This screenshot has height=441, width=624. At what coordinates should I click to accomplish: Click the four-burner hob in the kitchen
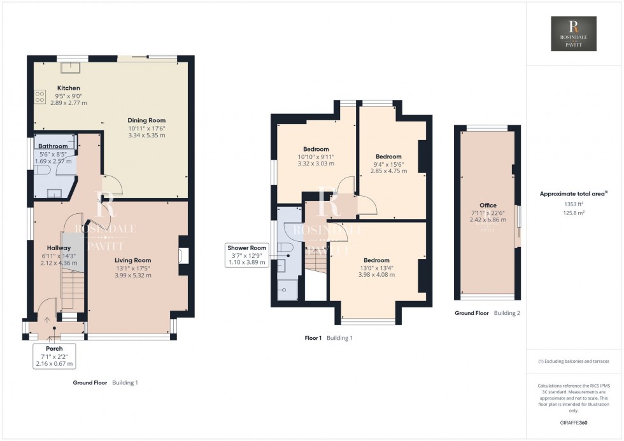[39, 97]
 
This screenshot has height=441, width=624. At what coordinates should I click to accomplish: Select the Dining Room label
[146, 127]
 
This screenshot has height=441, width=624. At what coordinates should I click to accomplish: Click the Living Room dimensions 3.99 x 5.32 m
[132, 275]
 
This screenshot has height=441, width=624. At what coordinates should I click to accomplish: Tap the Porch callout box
[55, 356]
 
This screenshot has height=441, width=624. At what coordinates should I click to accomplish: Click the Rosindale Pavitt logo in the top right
[574, 34]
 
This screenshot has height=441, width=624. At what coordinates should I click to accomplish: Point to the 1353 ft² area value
[574, 204]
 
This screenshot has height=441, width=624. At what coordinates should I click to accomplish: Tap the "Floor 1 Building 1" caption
[328, 338]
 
